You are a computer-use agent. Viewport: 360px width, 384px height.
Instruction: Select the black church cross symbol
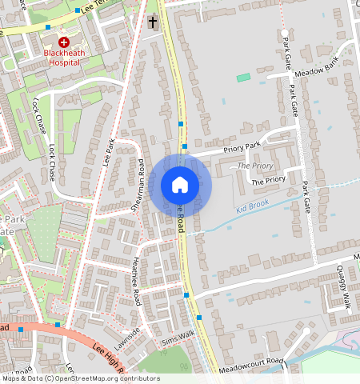coord(152,22)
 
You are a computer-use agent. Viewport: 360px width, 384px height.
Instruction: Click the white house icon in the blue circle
coord(180,185)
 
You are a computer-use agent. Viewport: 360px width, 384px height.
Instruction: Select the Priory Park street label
coord(242,146)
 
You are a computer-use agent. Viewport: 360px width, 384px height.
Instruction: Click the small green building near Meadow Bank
coord(243,77)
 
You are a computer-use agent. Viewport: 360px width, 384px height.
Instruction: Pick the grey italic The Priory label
coord(256,166)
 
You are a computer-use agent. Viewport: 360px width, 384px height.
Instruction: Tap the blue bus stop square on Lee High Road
coord(58,324)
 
